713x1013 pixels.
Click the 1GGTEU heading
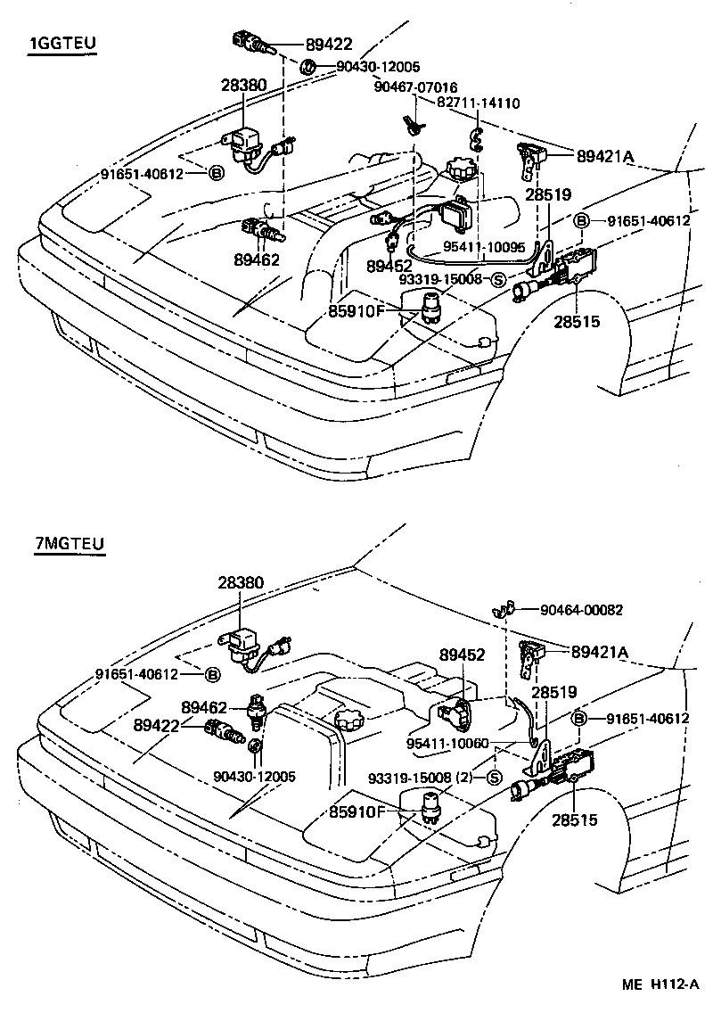click(62, 44)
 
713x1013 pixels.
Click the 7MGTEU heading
click(70, 544)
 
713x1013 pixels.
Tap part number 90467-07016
click(415, 87)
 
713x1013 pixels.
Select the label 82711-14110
click(478, 103)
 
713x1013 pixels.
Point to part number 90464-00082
click(581, 610)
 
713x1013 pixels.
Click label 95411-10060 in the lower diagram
click(447, 742)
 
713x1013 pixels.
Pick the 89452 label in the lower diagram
click(462, 655)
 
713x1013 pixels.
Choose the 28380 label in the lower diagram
click(241, 582)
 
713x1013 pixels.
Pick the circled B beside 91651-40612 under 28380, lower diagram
click(214, 674)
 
